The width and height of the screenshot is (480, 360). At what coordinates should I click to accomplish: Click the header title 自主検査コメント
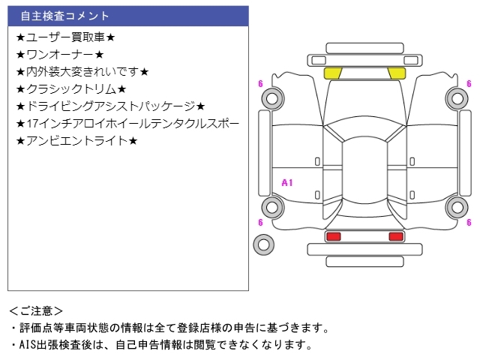pyautogui.click(x=64, y=16)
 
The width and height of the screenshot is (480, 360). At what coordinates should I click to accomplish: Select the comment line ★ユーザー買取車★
pyautogui.click(x=66, y=37)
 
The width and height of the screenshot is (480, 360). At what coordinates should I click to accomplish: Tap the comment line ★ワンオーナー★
pyautogui.click(x=60, y=55)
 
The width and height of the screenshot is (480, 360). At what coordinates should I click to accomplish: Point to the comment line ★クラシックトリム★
pyautogui.click(x=71, y=89)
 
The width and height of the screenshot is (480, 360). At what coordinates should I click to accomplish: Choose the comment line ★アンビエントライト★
pyautogui.click(x=76, y=141)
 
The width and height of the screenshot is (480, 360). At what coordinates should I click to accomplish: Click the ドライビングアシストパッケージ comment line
pyautogui.click(x=110, y=106)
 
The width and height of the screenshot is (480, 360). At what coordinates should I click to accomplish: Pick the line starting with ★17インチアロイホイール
pyautogui.click(x=127, y=124)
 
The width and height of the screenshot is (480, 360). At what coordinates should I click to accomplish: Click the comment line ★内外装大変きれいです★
pyautogui.click(x=82, y=72)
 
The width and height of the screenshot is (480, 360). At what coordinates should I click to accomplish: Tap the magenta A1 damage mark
pyautogui.click(x=287, y=183)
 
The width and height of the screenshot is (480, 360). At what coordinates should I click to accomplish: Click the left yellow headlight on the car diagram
pyautogui.click(x=332, y=73)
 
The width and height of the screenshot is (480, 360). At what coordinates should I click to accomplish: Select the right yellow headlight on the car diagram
pyautogui.click(x=397, y=73)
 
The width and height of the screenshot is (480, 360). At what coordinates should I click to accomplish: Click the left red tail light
pyautogui.click(x=334, y=236)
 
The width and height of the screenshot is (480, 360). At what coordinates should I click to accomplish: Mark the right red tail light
pyautogui.click(x=396, y=236)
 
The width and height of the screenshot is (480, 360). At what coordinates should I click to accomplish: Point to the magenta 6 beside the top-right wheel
pyautogui.click(x=469, y=83)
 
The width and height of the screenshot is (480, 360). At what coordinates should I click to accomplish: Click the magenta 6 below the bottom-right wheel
pyautogui.click(x=469, y=222)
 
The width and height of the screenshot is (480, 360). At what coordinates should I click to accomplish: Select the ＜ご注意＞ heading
pyautogui.click(x=36, y=311)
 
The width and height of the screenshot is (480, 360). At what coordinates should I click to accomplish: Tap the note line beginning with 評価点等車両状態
pyautogui.click(x=169, y=328)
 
